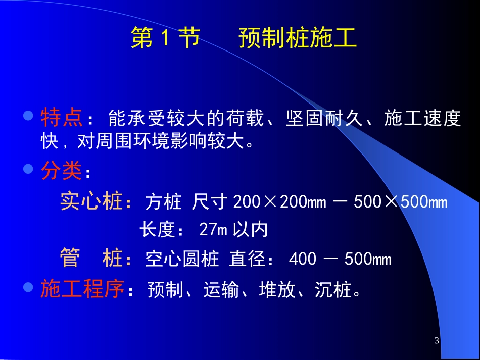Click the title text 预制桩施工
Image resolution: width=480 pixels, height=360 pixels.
298,38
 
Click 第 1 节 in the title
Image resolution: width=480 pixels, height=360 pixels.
165,38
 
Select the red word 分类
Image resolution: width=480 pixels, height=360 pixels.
61,172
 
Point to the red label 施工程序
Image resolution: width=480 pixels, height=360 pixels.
82,290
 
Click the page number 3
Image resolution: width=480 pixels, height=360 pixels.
437,341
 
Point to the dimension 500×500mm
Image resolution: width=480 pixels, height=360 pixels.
401,202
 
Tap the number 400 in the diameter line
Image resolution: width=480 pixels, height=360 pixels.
303,260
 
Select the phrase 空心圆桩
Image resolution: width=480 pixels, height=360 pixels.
182,260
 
